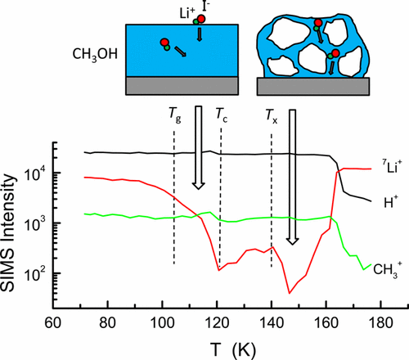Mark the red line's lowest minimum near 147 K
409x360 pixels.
coord(290,292)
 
